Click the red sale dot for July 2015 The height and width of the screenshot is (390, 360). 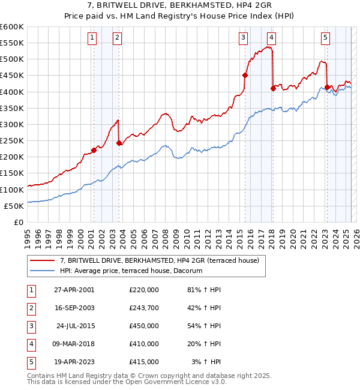pos(245,76)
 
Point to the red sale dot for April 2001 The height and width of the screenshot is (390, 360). pos(94,150)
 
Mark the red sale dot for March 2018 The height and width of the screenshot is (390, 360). pos(273,88)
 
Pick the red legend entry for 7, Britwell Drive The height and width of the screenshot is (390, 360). pos(159,260)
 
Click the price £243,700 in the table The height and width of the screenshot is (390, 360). pos(143,308)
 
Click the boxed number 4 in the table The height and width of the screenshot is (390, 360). pos(31,344)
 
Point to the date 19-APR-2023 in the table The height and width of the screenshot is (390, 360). pos(71,362)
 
